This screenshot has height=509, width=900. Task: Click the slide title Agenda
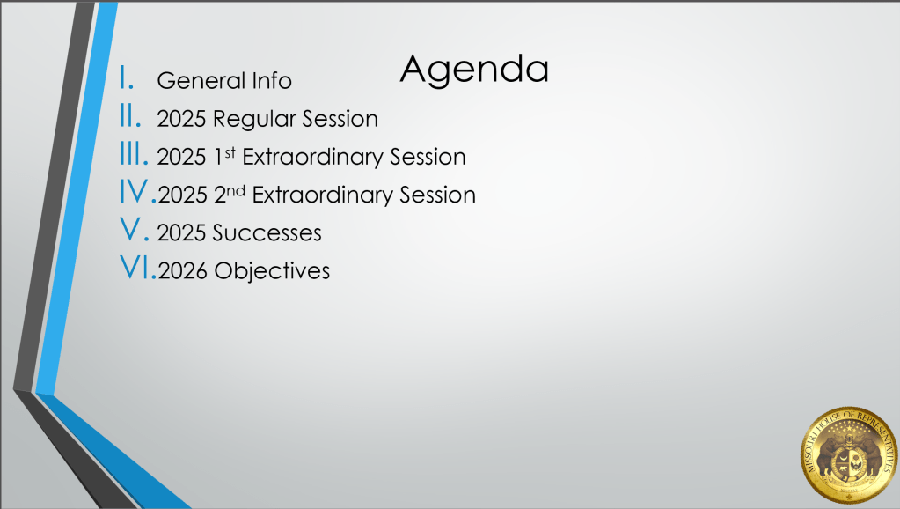point(474,70)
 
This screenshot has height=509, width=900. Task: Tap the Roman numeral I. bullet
point(127,78)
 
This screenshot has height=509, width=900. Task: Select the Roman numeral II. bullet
point(130,116)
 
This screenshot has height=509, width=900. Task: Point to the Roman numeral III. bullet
point(134,154)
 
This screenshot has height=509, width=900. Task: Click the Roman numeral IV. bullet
point(138,192)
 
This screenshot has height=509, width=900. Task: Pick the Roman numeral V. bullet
point(135,230)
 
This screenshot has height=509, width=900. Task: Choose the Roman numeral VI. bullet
point(138,268)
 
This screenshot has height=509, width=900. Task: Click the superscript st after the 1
point(230,152)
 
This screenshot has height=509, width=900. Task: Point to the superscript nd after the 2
point(235,190)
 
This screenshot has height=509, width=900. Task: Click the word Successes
point(267,232)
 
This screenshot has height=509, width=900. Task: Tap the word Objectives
point(272,271)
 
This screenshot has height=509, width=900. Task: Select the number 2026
point(182,271)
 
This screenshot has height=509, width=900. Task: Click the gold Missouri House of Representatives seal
point(849,455)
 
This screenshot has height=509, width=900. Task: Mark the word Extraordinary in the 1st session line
point(312,157)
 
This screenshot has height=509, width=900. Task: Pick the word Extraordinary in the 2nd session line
point(322,195)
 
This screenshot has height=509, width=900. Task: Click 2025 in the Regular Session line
point(181,119)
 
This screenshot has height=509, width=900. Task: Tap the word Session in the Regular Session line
point(340,119)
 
